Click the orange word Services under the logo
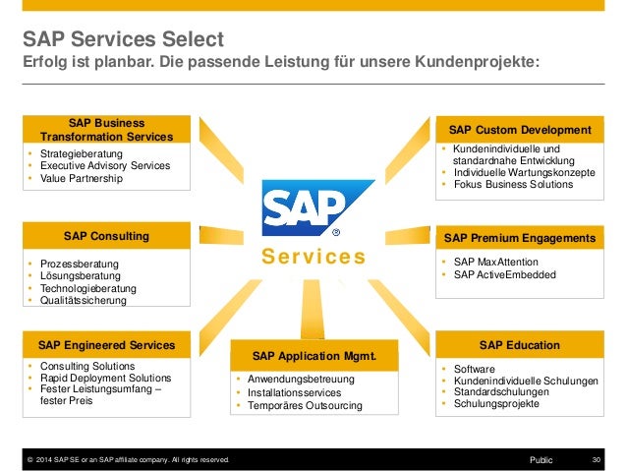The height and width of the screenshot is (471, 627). tap(313, 258)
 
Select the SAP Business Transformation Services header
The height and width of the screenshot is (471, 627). tap(106, 130)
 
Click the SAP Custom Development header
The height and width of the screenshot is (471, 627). tap(520, 130)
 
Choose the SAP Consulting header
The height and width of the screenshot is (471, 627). tap(106, 236)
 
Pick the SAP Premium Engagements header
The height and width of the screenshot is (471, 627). tap(520, 238)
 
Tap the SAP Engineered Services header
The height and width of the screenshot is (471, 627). tap(106, 345)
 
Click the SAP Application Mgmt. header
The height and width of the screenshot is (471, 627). tap(313, 356)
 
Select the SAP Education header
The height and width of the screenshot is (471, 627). tap(520, 345)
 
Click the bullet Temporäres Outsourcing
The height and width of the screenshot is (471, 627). tap(305, 405)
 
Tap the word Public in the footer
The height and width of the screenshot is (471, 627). tap(541, 459)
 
